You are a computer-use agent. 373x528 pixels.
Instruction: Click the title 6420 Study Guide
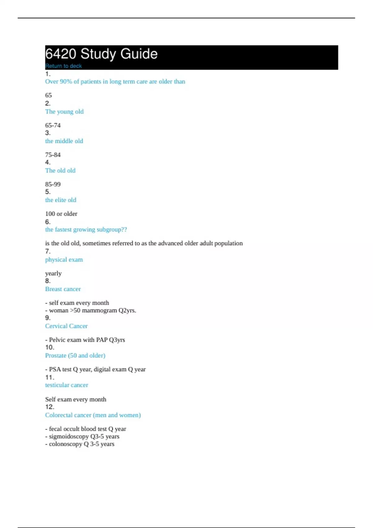(x=101, y=54)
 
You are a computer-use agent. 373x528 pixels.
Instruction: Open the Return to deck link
(x=63, y=66)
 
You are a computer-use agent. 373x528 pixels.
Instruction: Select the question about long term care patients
(x=115, y=82)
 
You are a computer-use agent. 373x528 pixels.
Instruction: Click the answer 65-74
(x=53, y=125)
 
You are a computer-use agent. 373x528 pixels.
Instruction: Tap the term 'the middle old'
(x=64, y=141)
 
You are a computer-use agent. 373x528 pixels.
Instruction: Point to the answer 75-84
(x=53, y=155)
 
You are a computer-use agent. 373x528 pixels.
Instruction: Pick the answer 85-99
(x=53, y=184)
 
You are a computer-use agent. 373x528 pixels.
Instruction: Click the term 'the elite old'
(x=61, y=200)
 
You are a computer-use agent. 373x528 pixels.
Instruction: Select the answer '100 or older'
(x=61, y=214)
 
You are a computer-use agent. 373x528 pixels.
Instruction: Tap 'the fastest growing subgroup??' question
(x=86, y=230)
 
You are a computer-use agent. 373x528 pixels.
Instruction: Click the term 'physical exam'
(x=64, y=260)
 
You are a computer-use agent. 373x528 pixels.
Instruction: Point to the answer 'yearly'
(x=53, y=273)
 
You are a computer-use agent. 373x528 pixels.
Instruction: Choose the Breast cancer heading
(x=63, y=289)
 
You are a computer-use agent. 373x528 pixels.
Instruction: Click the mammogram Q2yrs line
(x=92, y=310)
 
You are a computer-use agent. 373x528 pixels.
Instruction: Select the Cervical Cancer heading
(x=66, y=326)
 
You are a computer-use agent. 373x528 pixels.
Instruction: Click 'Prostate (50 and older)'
(x=75, y=356)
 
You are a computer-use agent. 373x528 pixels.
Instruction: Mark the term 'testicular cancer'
(x=67, y=385)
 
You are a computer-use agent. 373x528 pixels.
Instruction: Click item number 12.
(x=49, y=407)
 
